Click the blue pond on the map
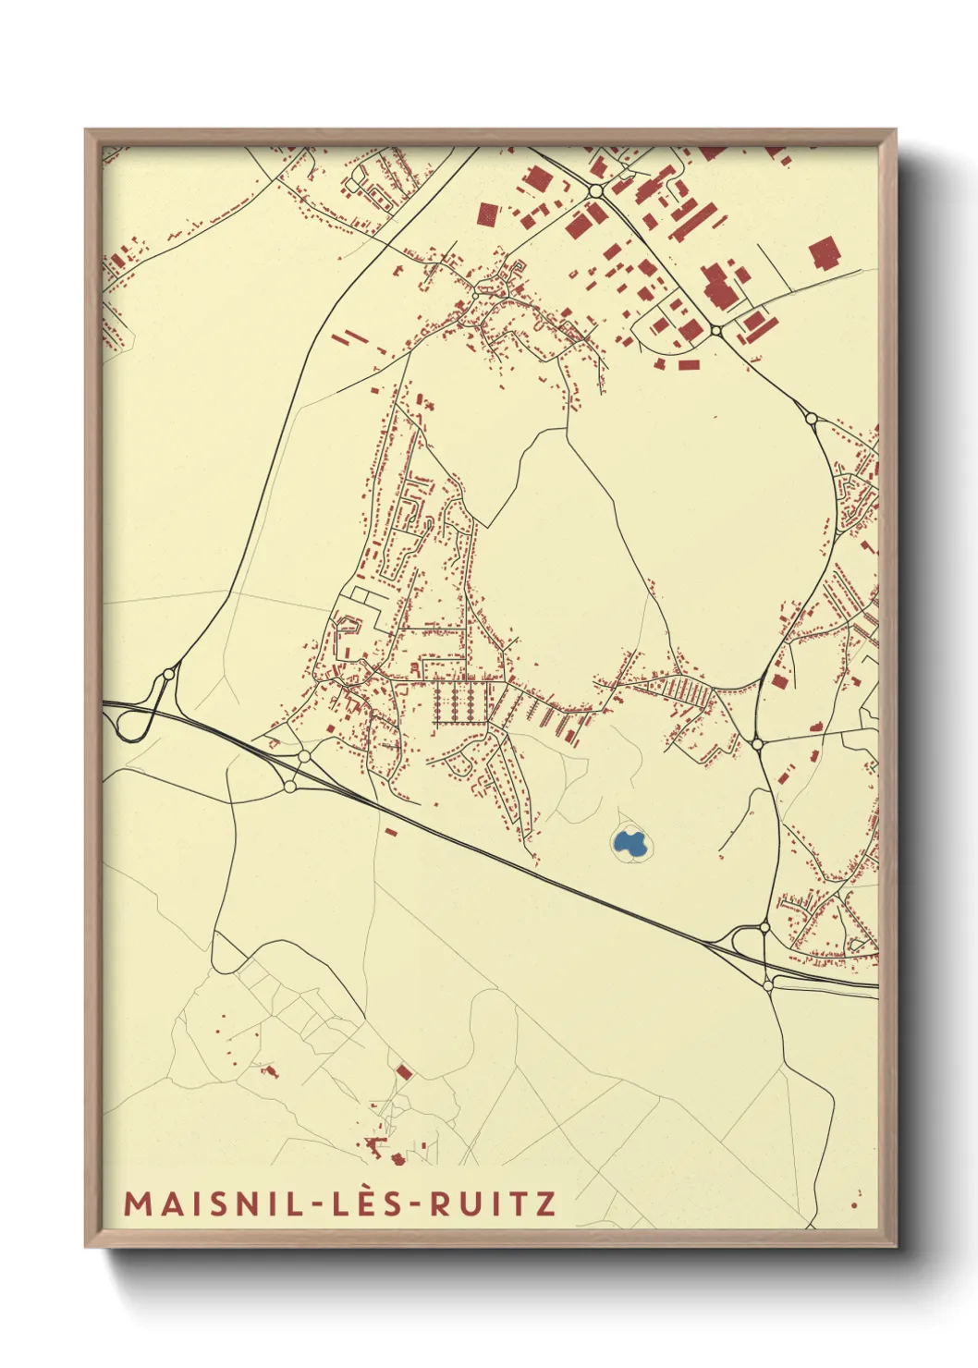tap(629, 842)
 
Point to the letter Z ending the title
tap(546, 1203)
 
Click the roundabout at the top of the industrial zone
tap(596, 191)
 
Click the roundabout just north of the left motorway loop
tap(168, 674)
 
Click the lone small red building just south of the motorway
tap(390, 832)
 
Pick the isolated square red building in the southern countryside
tap(403, 1071)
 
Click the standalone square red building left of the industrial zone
tap(487, 214)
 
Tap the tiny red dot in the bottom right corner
tap(854, 1204)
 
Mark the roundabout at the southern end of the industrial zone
tap(715, 330)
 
